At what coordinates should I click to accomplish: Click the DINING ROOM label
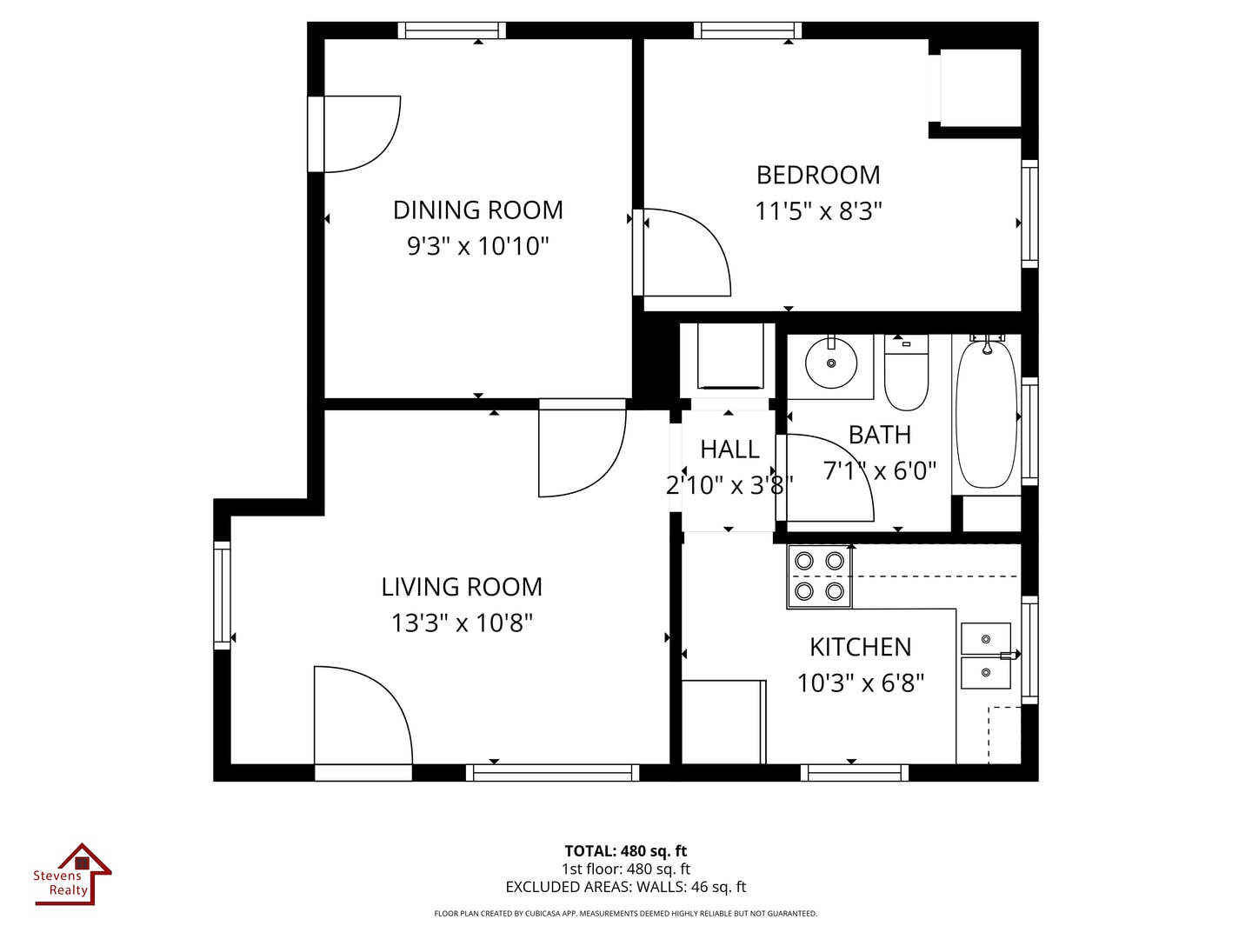tap(477, 210)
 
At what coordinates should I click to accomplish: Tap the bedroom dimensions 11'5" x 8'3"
tap(818, 211)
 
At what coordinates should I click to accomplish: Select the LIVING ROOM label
tap(462, 587)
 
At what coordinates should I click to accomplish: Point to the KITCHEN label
tap(860, 647)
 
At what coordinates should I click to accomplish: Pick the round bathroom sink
tap(831, 363)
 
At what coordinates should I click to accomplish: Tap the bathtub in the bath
tap(986, 414)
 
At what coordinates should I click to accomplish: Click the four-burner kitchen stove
tap(819, 576)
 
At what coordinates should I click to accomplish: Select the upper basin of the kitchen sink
tap(985, 639)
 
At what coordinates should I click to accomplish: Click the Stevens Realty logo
tap(73, 875)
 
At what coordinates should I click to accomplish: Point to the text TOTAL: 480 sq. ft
tap(626, 851)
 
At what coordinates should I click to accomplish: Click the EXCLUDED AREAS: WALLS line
tap(626, 887)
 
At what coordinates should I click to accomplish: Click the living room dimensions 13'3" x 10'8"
tap(462, 623)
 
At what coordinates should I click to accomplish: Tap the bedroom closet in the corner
tap(980, 87)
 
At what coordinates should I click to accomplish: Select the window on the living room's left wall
tap(223, 595)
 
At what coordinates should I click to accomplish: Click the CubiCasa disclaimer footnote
tap(626, 914)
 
